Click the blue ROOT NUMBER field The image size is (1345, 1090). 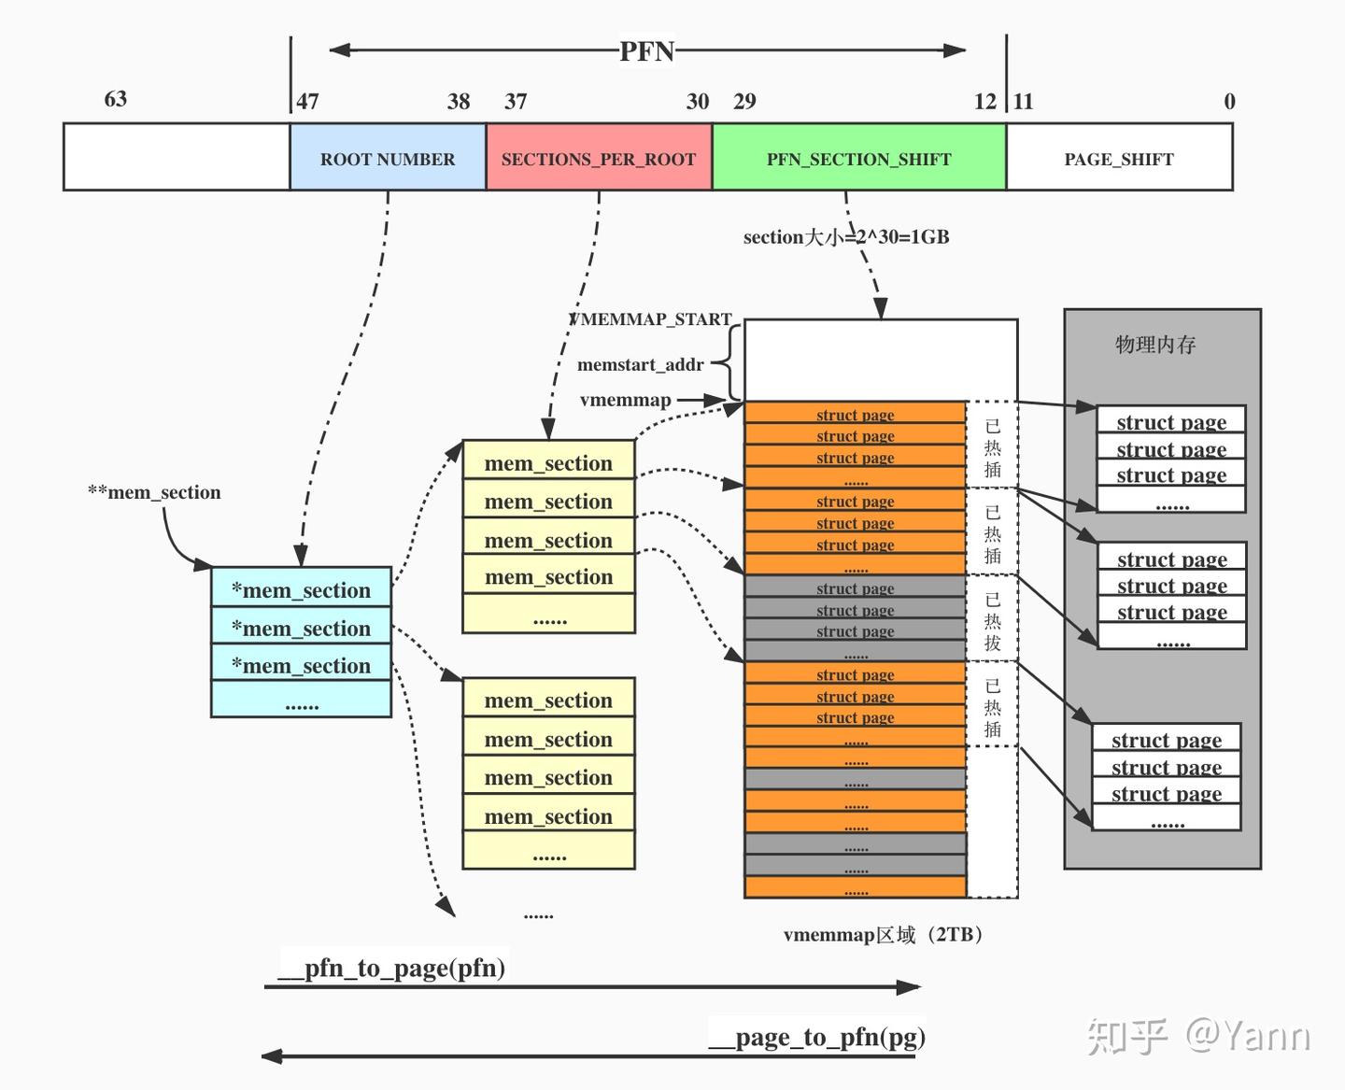pyautogui.click(x=388, y=159)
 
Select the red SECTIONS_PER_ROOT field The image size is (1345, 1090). pyautogui.click(x=599, y=159)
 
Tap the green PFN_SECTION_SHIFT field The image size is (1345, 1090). pyautogui.click(x=858, y=159)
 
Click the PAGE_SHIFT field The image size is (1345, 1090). pyautogui.click(x=1119, y=159)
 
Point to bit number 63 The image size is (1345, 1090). pyautogui.click(x=116, y=99)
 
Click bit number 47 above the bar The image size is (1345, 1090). pyautogui.click(x=307, y=102)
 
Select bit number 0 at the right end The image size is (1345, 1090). pyautogui.click(x=1229, y=102)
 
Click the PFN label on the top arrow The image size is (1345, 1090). pyautogui.click(x=646, y=51)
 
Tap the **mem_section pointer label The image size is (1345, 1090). pyautogui.click(x=154, y=492)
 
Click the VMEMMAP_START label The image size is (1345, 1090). pyautogui.click(x=651, y=319)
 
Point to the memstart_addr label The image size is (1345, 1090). pyautogui.click(x=640, y=364)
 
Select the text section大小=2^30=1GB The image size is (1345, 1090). pyautogui.click(x=846, y=237)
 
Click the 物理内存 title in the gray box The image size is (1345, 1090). pyautogui.click(x=1155, y=345)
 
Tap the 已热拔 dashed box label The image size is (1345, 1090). pyautogui.click(x=992, y=620)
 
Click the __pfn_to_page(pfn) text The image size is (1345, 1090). pyautogui.click(x=392, y=968)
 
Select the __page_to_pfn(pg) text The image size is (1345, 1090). pyautogui.click(x=817, y=1037)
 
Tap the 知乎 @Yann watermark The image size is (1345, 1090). pyautogui.click(x=1198, y=1036)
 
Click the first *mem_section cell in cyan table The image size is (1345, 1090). pyautogui.click(x=301, y=590)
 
